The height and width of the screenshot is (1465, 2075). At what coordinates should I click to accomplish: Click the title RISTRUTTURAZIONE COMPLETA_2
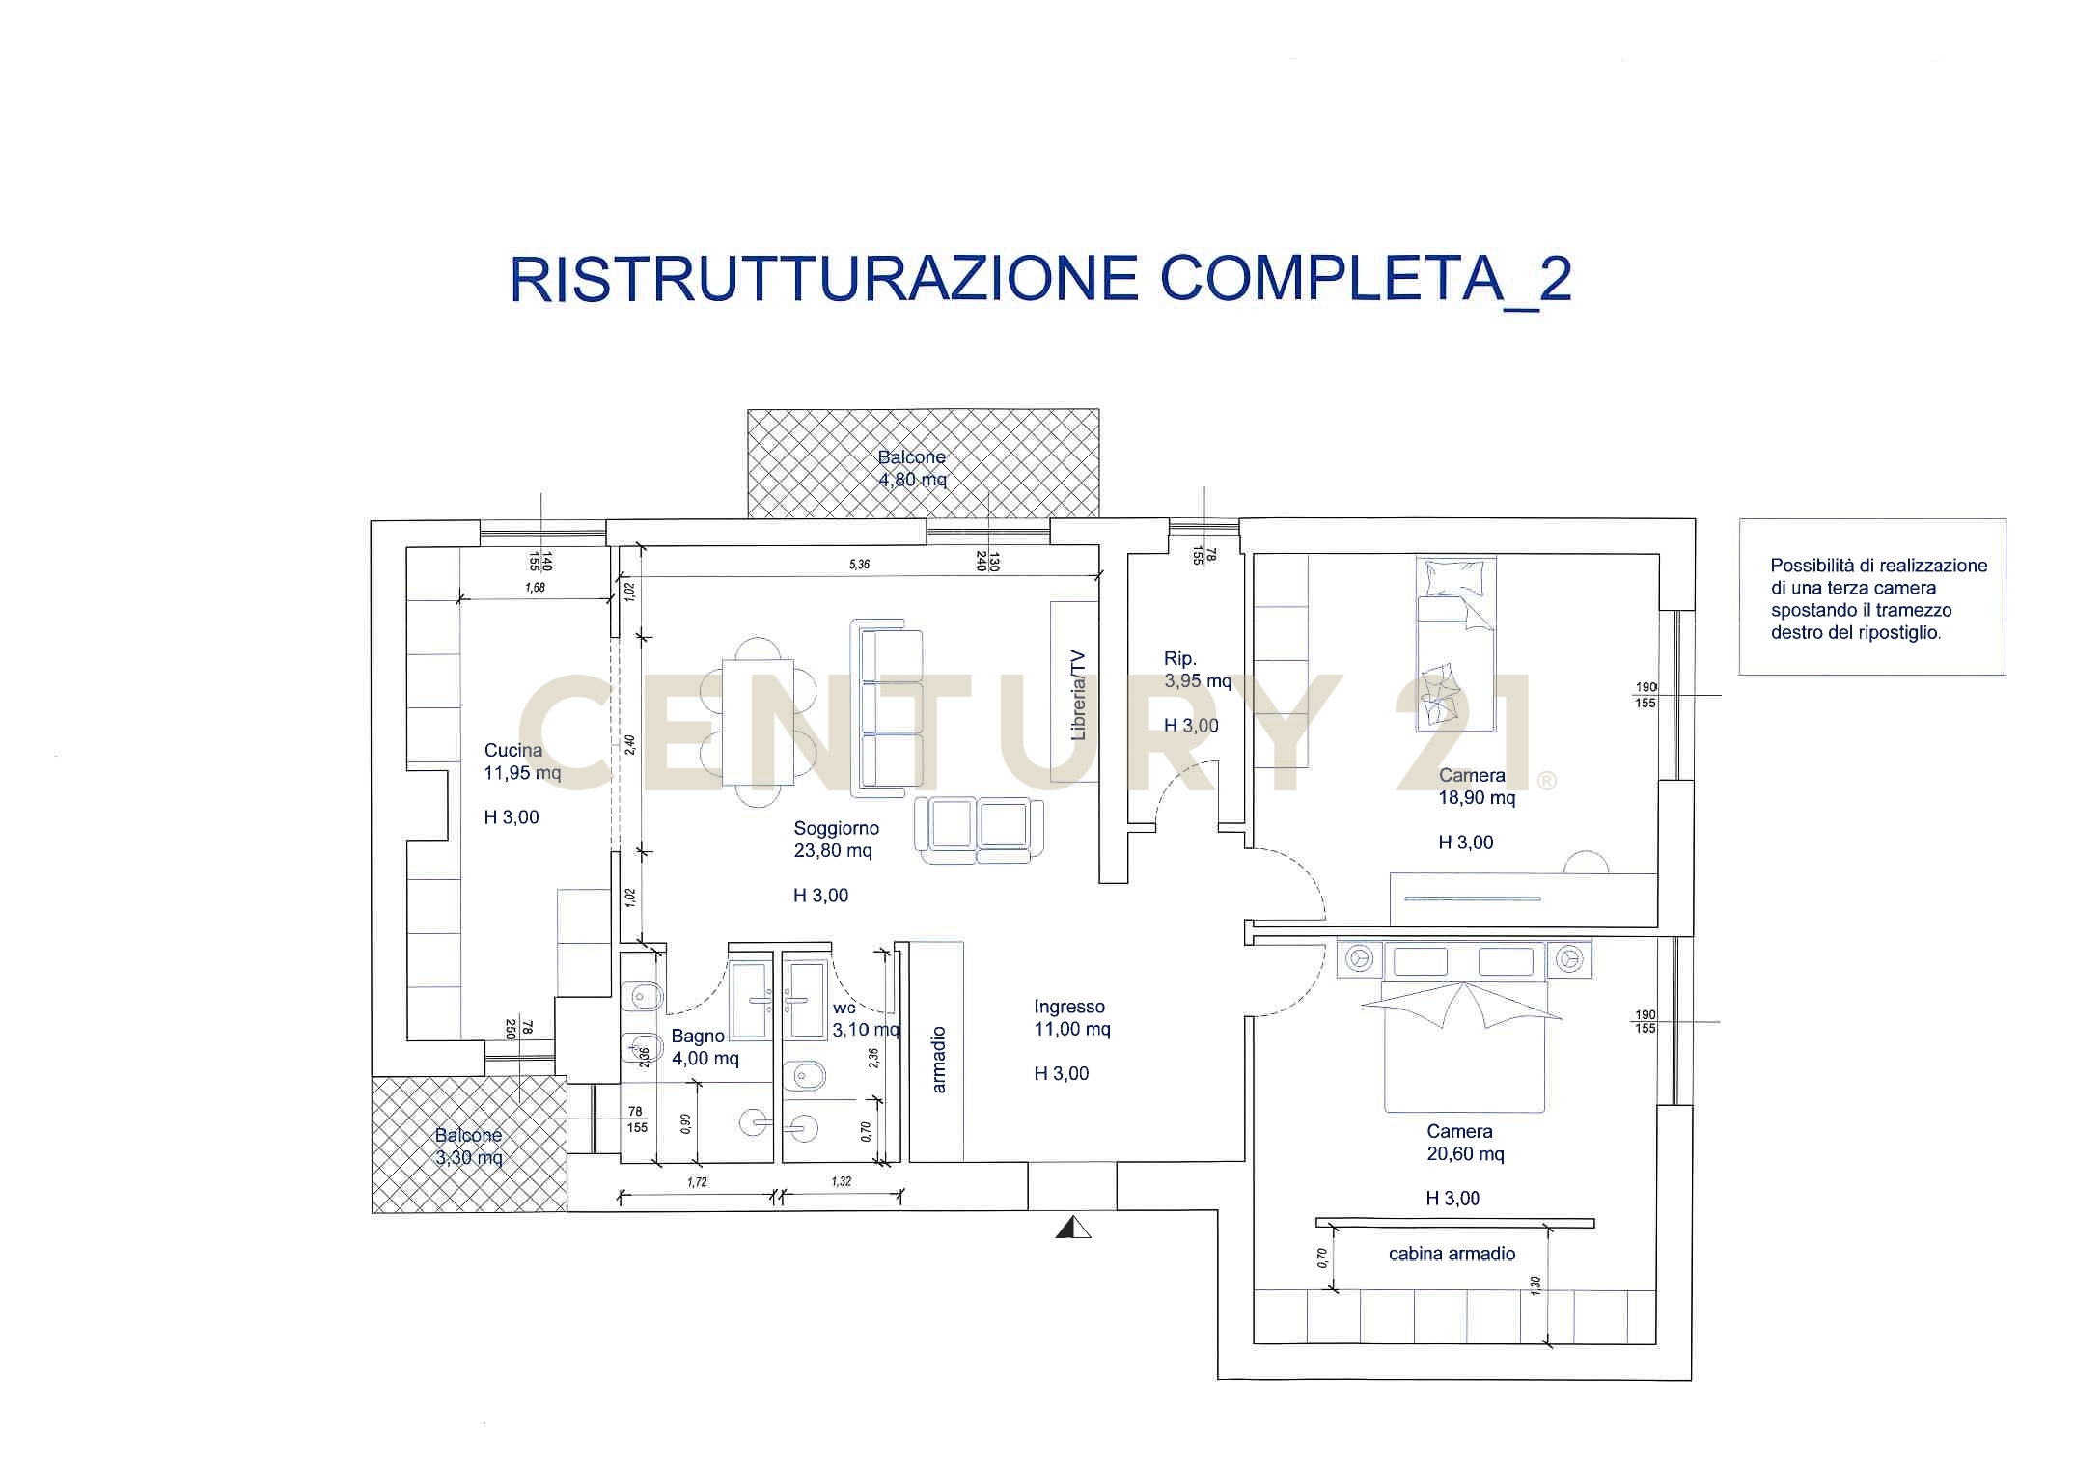point(1040,280)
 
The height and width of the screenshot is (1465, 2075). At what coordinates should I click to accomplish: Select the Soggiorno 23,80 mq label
point(835,840)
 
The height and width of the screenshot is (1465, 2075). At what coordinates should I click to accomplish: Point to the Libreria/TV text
point(1078,695)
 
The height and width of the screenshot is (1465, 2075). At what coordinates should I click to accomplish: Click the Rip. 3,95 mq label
point(1197,670)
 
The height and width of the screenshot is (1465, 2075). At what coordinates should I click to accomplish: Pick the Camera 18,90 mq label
point(1476,787)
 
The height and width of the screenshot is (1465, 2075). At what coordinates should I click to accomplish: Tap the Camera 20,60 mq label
point(1464,1143)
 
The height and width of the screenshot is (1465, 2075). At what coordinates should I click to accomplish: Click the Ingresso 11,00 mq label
point(1071,1018)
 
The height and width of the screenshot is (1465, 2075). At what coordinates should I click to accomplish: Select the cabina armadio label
point(1452,1254)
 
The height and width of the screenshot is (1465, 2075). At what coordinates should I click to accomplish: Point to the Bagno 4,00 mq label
point(704,1047)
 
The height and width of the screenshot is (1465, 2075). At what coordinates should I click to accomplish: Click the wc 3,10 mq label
point(864,1019)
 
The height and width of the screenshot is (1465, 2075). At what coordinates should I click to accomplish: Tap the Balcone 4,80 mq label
point(912,468)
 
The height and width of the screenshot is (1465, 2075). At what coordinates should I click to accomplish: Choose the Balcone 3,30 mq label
point(469,1147)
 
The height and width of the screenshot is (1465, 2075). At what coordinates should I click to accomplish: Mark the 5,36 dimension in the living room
point(859,564)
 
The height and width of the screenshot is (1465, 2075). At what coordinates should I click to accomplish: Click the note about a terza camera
point(1877,598)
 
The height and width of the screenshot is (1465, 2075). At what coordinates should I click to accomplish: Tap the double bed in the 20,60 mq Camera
point(1464,1047)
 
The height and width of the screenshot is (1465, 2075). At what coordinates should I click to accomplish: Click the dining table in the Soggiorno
point(758,721)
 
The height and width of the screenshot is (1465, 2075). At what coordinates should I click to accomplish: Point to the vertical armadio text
point(939,1059)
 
